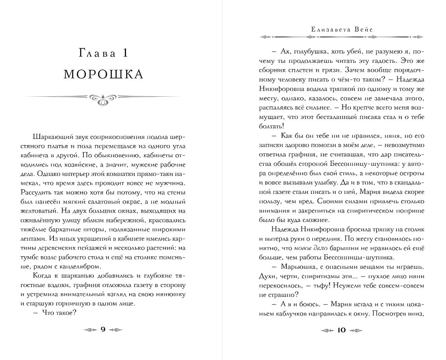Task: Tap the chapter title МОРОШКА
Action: (x=103, y=74)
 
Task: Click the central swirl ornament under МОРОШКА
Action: (x=103, y=99)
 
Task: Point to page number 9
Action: (x=103, y=330)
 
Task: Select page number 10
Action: (x=341, y=330)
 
